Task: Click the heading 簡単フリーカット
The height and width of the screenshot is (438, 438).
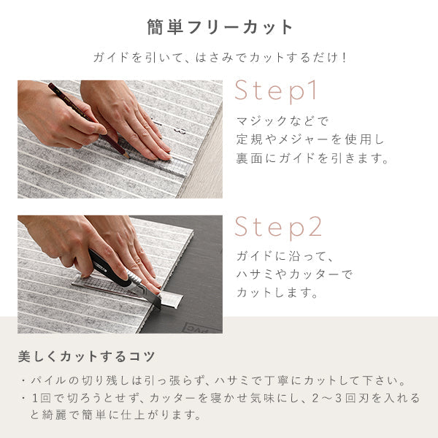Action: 218,27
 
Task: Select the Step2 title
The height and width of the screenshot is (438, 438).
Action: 278,227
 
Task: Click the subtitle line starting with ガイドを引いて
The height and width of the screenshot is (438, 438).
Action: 219,56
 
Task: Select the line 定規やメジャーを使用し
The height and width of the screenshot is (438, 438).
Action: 310,139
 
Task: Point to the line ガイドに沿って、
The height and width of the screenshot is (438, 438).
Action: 285,256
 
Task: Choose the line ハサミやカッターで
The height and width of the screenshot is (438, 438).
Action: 293,274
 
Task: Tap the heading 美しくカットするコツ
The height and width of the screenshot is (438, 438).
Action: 86,357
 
